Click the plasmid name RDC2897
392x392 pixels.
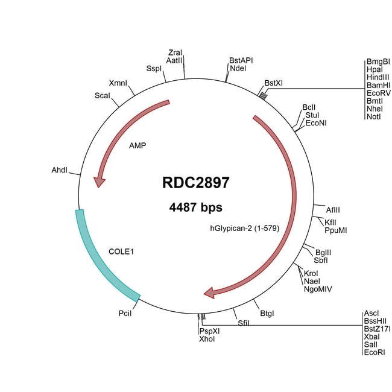click(195, 183)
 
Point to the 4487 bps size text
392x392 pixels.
click(195, 207)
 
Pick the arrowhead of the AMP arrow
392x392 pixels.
click(97, 181)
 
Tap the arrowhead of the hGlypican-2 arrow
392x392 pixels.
click(212, 293)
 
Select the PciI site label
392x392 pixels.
click(125, 313)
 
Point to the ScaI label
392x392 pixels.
click(102, 96)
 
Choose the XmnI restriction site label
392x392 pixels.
click(118, 83)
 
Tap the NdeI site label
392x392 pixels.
click(238, 69)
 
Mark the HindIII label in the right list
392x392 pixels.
click(378, 78)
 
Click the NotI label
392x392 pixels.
click(373, 117)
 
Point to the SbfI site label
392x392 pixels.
click(320, 260)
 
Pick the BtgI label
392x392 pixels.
click(267, 313)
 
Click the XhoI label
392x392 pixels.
click(206, 340)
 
